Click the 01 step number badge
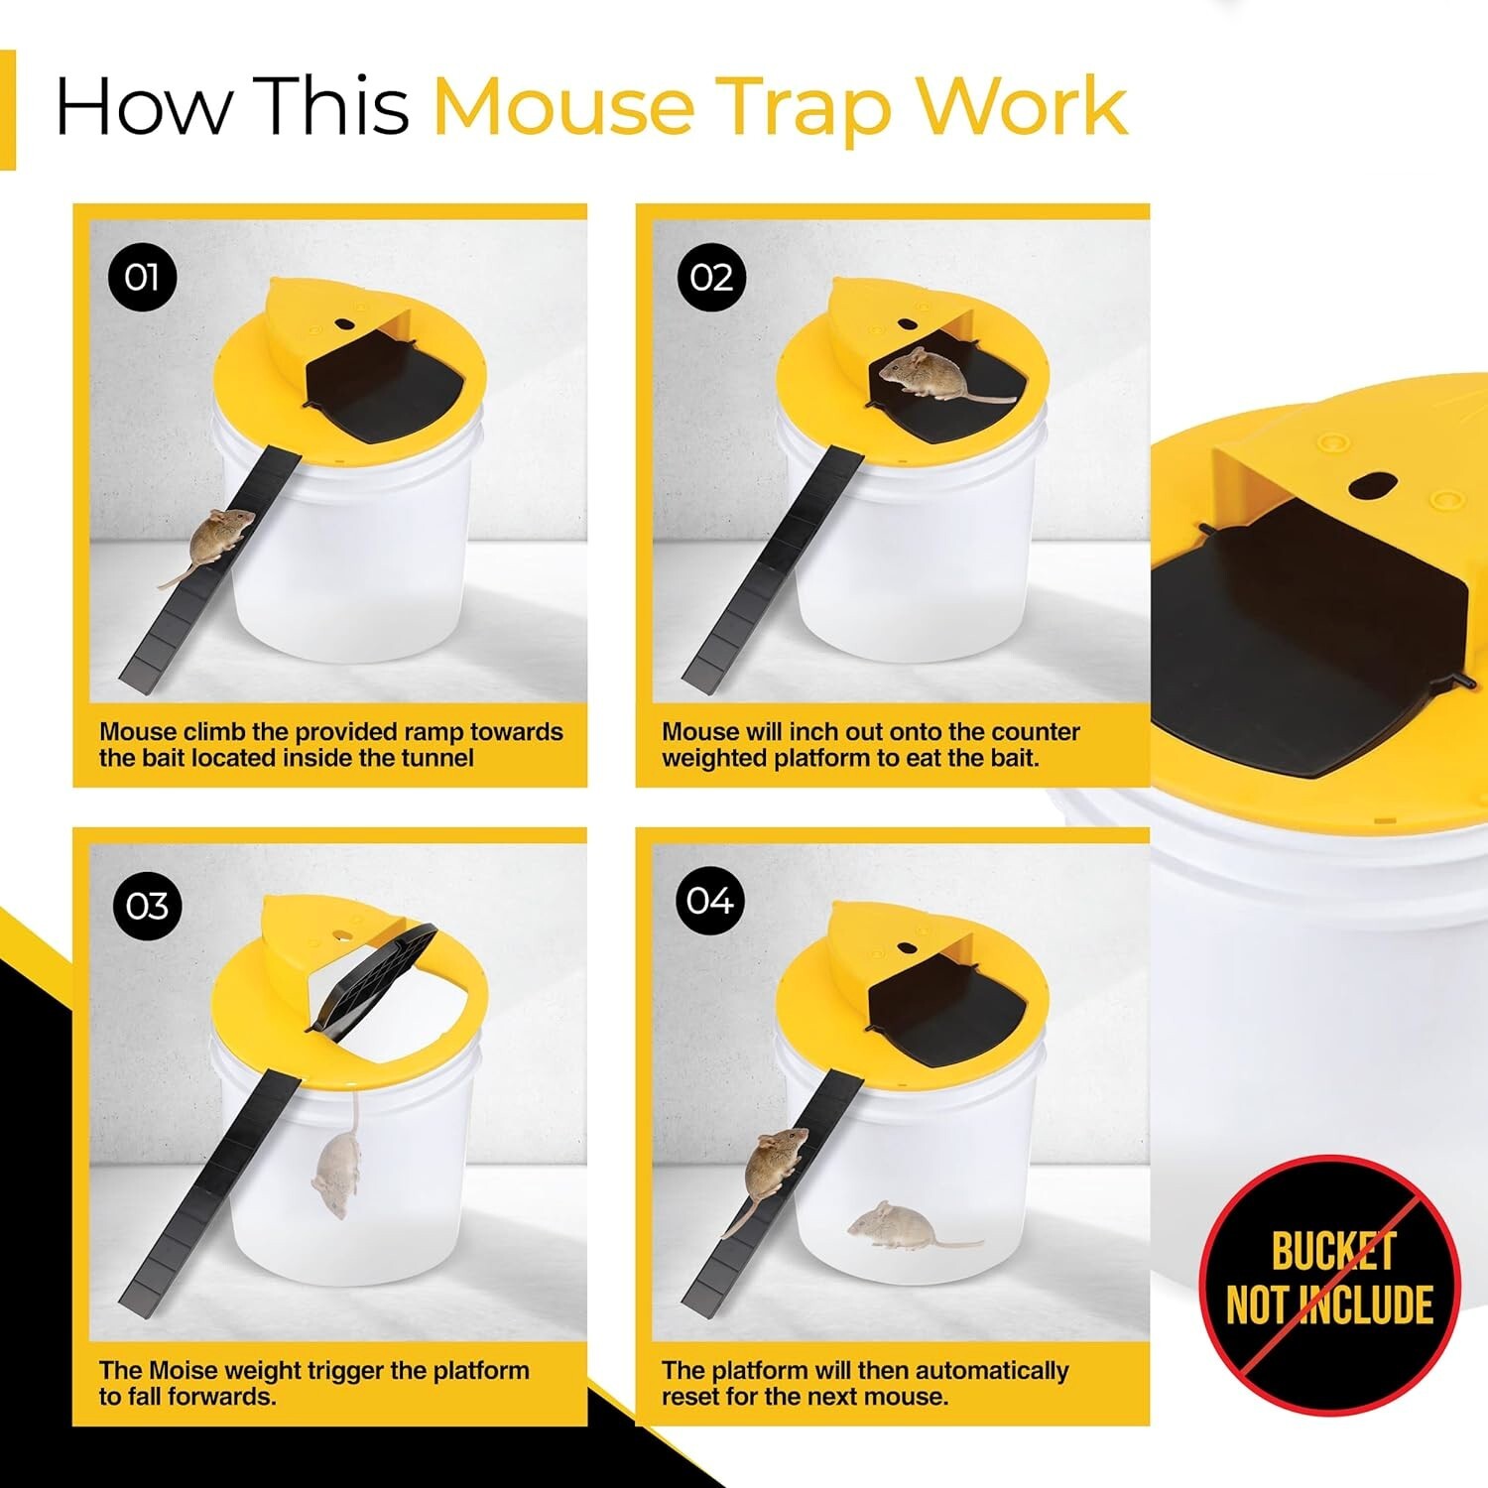pos(142,277)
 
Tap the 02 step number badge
pos(710,277)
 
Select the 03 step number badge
pos(147,906)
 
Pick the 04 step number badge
pos(710,900)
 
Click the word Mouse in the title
pos(563,107)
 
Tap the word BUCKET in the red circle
pos(1333,1251)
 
